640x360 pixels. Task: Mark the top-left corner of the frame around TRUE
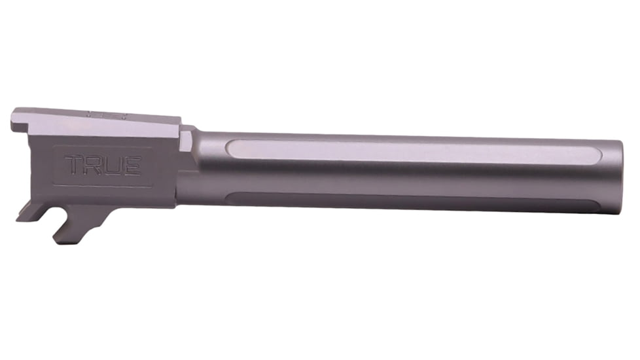point(53,147)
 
